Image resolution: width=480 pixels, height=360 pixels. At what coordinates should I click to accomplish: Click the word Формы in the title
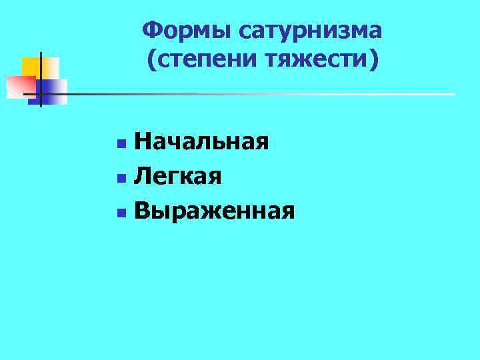pyautogui.click(x=185, y=30)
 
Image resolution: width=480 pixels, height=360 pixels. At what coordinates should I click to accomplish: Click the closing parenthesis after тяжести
pyautogui.click(x=372, y=61)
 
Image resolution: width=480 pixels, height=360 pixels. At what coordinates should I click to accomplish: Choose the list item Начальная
pyautogui.click(x=201, y=141)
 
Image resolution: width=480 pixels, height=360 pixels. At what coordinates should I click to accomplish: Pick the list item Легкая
pyautogui.click(x=178, y=176)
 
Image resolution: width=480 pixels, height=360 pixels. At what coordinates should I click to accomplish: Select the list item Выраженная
pyautogui.click(x=214, y=211)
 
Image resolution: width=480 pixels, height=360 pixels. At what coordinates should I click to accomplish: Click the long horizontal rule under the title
pyautogui.click(x=267, y=94)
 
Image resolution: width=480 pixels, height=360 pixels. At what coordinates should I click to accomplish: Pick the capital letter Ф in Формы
pyautogui.click(x=152, y=30)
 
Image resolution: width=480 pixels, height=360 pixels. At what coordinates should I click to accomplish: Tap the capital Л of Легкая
pyautogui.click(x=141, y=176)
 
